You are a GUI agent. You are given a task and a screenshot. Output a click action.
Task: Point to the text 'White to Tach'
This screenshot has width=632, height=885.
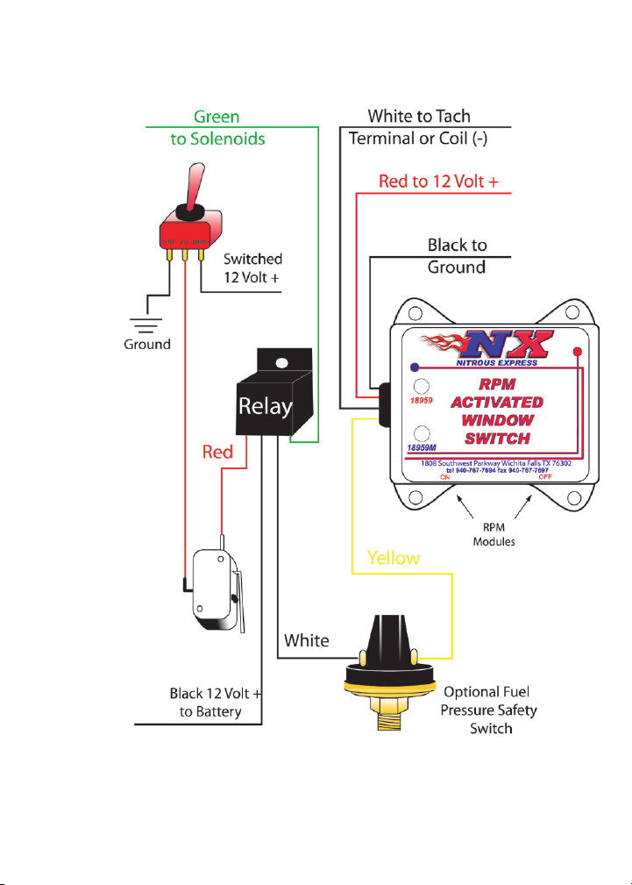419,116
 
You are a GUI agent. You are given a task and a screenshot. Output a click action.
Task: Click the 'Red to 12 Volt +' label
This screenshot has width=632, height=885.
438,182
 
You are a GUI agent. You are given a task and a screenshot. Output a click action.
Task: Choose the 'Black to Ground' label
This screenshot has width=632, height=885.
457,255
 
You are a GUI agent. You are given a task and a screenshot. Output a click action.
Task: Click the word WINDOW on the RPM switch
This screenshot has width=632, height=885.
499,421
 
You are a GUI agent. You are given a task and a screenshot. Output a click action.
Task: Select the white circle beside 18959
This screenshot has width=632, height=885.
422,386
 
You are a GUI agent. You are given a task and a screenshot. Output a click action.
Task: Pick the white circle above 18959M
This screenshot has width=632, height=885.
422,432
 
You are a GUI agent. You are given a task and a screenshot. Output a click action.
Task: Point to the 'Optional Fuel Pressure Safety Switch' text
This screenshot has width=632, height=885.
487,709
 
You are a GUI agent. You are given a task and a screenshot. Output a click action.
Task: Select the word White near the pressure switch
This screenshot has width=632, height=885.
306,640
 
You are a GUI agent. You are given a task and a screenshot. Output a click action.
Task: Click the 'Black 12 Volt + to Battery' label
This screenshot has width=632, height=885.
216,703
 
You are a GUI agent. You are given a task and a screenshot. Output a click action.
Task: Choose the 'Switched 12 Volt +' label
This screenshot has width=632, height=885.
252,268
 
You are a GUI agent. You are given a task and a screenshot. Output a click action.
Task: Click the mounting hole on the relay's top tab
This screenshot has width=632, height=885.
281,360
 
